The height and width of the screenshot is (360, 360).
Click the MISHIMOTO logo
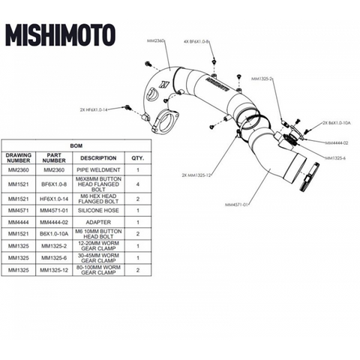click(x=61, y=35)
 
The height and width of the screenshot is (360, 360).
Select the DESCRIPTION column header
click(x=99, y=159)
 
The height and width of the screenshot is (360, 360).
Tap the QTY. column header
click(x=138, y=159)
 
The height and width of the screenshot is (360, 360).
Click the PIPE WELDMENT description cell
click(x=99, y=170)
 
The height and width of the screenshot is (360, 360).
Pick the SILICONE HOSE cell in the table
click(x=99, y=212)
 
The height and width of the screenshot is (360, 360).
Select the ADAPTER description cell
click(x=99, y=223)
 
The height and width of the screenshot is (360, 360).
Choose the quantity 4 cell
click(x=138, y=184)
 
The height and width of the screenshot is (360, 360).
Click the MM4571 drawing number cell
click(x=19, y=212)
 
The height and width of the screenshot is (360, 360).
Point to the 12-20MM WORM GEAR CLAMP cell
click(x=99, y=246)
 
